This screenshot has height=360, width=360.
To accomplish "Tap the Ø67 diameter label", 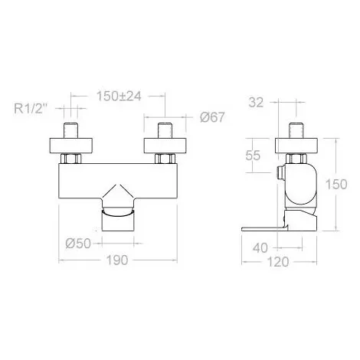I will tap(212, 117).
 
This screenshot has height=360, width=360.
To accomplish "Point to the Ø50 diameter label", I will tap(79, 244).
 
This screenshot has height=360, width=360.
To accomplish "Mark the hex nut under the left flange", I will tap(74, 159).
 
